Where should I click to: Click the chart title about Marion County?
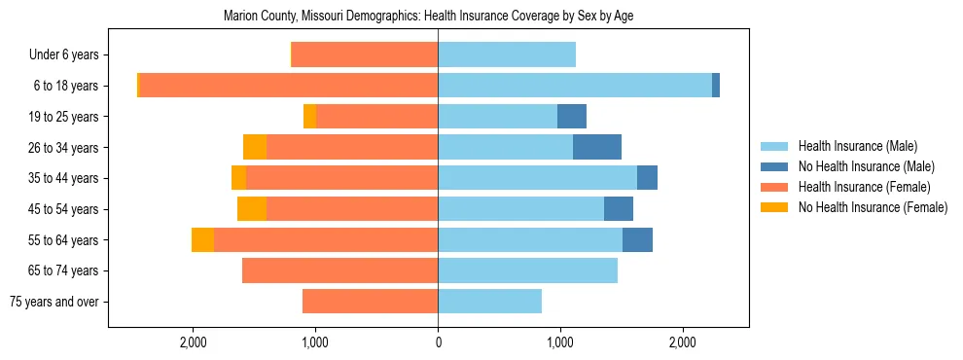(428, 17)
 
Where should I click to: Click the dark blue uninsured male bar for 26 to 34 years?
(597, 147)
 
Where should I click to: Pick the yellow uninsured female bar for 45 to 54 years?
(252, 209)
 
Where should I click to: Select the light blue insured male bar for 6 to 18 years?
(574, 86)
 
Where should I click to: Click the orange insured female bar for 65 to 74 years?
(339, 270)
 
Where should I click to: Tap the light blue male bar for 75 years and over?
(489, 302)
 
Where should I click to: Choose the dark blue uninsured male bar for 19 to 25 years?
(572, 117)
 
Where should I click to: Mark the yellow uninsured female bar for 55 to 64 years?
(202, 239)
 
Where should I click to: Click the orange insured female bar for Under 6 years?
(365, 54)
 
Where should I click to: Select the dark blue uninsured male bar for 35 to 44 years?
(647, 178)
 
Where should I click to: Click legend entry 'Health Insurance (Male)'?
(857, 146)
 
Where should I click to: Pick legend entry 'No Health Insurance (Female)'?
(873, 207)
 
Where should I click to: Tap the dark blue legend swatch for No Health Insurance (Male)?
(775, 166)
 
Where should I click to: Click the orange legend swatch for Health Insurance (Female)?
(775, 187)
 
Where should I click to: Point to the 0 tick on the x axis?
(438, 342)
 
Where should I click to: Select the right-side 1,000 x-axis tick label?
(560, 342)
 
